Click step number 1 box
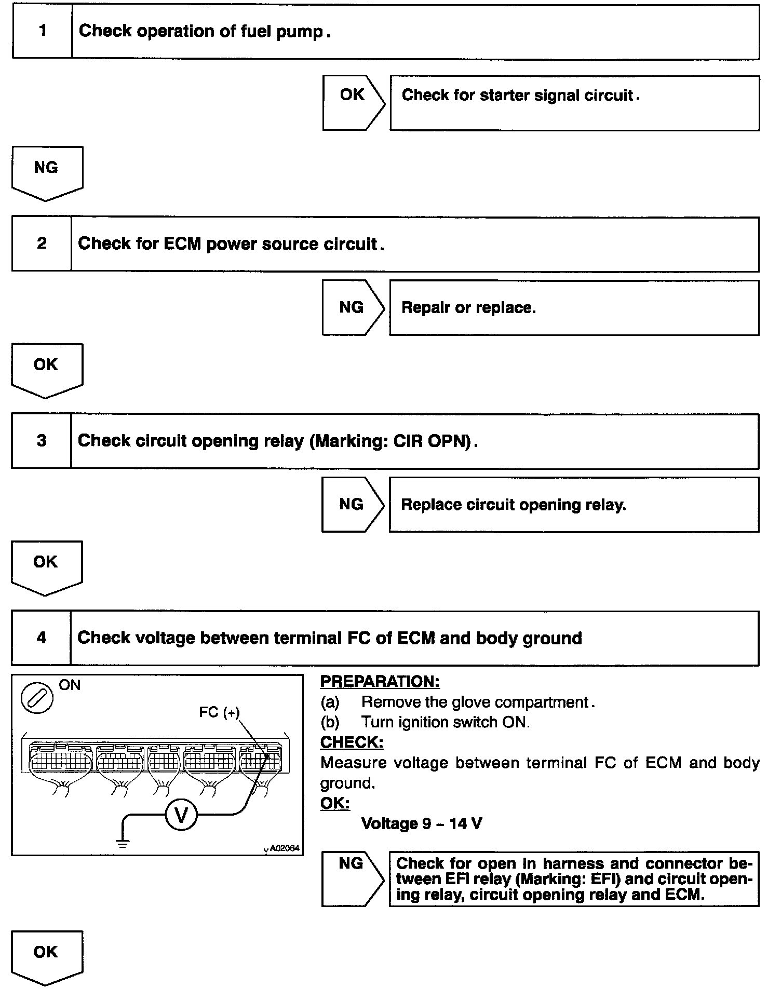pyautogui.click(x=42, y=31)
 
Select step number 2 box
pyautogui.click(x=42, y=244)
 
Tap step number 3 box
pyautogui.click(x=42, y=441)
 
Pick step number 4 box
pyautogui.click(x=41, y=638)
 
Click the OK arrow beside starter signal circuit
pyautogui.click(x=353, y=102)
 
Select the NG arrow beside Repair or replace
pyautogui.click(x=352, y=307)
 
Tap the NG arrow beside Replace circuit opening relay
pyautogui.click(x=352, y=504)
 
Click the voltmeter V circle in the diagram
pyautogui.click(x=181, y=816)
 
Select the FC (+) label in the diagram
pyautogui.click(x=219, y=712)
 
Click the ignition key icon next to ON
pyautogui.click(x=37, y=698)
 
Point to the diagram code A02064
pyautogui.click(x=284, y=848)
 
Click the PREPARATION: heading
pyautogui.click(x=380, y=682)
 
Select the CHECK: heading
pyautogui.click(x=352, y=742)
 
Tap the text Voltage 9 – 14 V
pyautogui.click(x=421, y=823)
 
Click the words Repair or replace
pyautogui.click(x=468, y=308)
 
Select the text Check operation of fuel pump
pyautogui.click(x=205, y=31)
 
